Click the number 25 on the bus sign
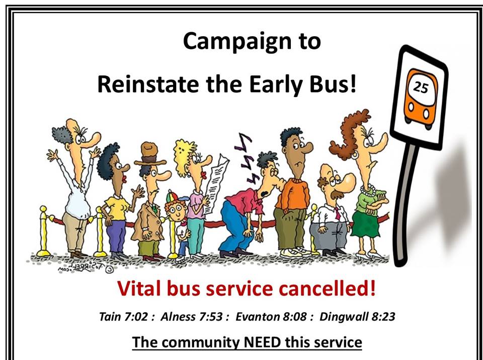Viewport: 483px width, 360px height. click(x=421, y=87)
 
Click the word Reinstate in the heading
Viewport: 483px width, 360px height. click(x=148, y=85)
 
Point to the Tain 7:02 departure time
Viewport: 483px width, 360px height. click(x=124, y=317)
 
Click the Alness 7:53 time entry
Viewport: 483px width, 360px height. click(x=192, y=317)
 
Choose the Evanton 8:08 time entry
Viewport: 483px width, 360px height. click(x=271, y=317)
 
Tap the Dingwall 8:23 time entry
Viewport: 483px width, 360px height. click(x=357, y=317)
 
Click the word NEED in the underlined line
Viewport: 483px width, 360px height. click(x=262, y=342)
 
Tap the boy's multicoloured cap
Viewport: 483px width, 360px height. click(x=175, y=196)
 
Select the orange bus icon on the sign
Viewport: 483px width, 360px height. click(x=421, y=99)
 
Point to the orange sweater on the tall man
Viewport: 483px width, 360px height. click(x=293, y=195)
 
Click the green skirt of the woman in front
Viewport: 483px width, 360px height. click(x=366, y=223)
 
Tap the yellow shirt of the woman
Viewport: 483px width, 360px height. click(x=117, y=208)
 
